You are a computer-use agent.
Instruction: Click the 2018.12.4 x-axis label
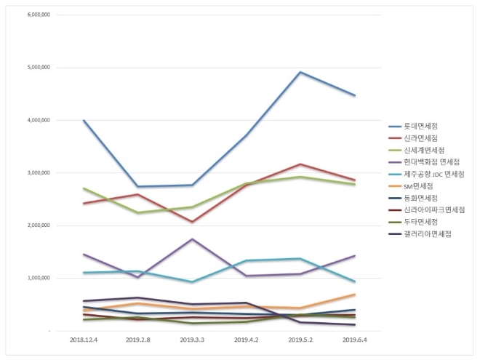(x=84, y=340)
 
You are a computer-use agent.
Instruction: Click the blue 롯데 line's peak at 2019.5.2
(x=300, y=72)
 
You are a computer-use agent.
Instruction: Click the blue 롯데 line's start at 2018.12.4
(x=84, y=121)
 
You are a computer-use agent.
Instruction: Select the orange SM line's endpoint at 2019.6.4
(x=355, y=295)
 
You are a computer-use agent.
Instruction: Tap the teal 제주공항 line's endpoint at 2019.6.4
(x=355, y=281)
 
